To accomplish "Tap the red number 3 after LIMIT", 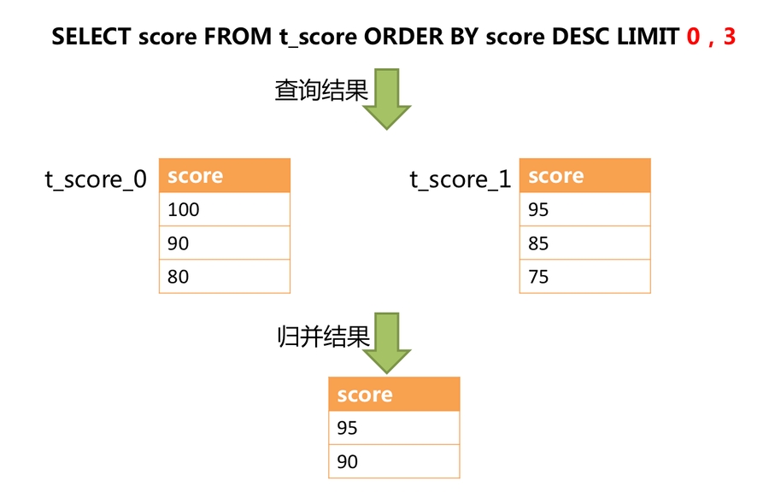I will pyautogui.click(x=729, y=38).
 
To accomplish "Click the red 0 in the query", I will pyautogui.click(x=693, y=38).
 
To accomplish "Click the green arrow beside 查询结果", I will pyautogui.click(x=387, y=98).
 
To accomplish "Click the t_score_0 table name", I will pyautogui.click(x=96, y=179).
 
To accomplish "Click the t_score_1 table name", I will pyautogui.click(x=461, y=179).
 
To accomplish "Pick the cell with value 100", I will pyautogui.click(x=224, y=209).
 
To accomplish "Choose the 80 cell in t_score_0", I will pyautogui.click(x=224, y=277).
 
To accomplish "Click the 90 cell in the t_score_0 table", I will pyautogui.click(x=224, y=243).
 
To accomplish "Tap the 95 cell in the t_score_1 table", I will pyautogui.click(x=584, y=209).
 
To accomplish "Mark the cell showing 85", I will pyautogui.click(x=584, y=243).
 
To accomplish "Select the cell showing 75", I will pyautogui.click(x=584, y=277).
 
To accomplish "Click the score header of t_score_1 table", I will pyautogui.click(x=584, y=176).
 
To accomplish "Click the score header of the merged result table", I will pyautogui.click(x=394, y=395).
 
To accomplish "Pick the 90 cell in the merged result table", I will pyautogui.click(x=394, y=462).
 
